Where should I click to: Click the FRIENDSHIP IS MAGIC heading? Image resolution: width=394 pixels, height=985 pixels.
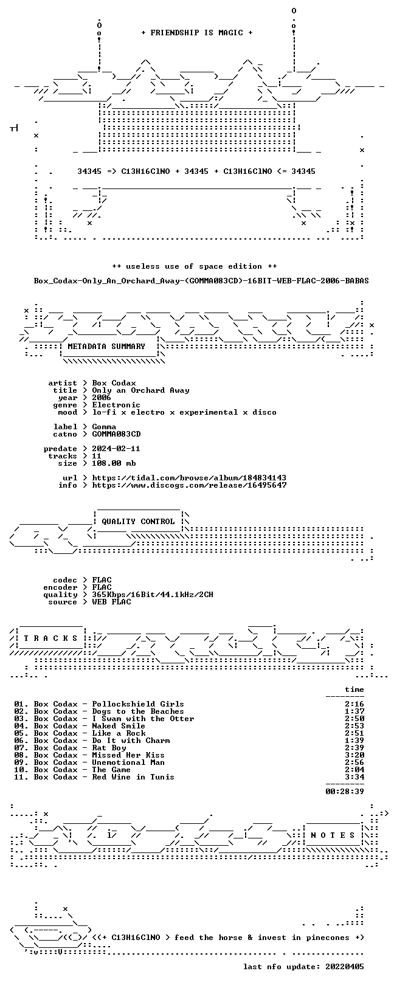197,33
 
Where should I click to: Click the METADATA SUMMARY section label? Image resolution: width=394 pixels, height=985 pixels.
106,347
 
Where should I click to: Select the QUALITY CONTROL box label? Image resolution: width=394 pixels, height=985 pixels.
138,522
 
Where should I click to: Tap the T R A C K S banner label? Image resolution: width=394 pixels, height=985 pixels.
50,638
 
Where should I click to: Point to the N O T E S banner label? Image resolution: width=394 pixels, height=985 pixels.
333,835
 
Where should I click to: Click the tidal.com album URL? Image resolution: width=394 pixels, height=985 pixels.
189,477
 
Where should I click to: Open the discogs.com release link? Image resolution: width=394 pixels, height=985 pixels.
189,485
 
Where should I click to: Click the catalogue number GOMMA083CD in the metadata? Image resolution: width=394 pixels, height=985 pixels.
116,434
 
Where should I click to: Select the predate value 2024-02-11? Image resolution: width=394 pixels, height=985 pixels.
116,449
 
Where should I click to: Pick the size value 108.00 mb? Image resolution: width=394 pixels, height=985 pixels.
114,463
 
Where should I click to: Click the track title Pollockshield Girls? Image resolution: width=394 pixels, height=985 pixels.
138,704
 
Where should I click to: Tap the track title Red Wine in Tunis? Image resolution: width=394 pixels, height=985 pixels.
133,777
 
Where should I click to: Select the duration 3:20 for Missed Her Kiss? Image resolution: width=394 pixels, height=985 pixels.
354,755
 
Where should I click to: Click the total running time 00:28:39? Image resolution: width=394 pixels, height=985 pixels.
345,792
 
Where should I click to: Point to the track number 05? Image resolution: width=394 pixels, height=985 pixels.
20,733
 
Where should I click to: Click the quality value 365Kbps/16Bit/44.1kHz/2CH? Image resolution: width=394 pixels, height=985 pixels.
153,595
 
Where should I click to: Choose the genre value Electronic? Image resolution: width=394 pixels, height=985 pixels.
116,405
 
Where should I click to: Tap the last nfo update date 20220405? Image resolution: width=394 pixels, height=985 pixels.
345,967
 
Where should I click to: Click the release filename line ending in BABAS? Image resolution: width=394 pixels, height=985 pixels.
201,280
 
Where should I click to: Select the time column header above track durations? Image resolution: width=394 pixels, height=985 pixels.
354,689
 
